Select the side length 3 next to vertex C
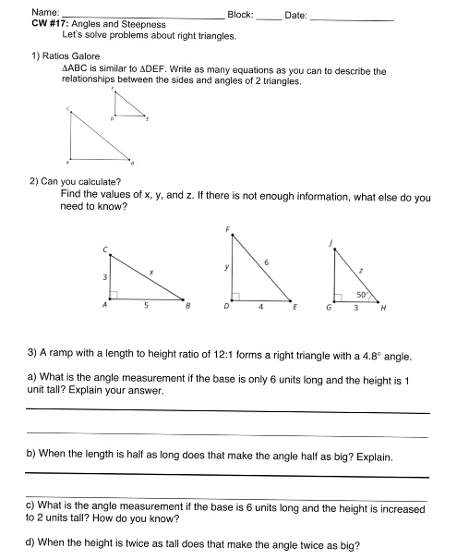point(104,277)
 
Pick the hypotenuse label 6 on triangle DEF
point(266,264)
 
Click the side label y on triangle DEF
point(226,268)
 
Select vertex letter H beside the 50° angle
point(383,310)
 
